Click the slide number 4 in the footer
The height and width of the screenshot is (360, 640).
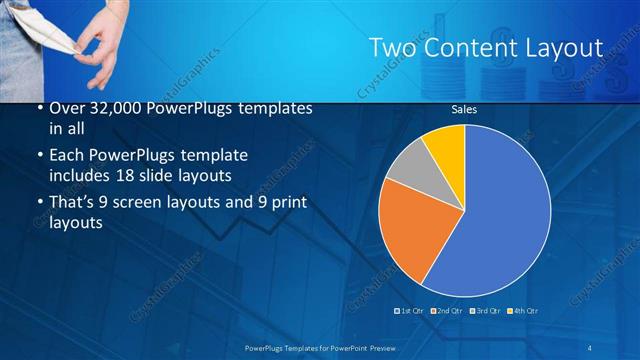(590, 346)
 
